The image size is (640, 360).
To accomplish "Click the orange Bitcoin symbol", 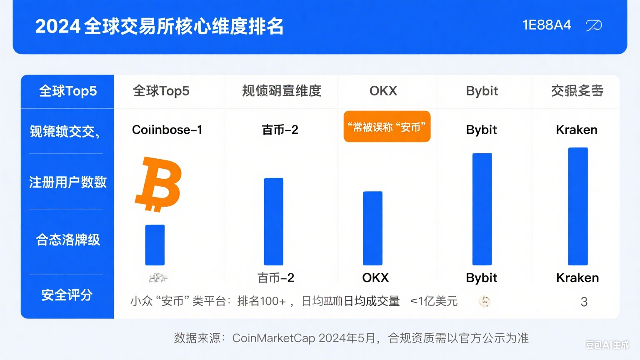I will pyautogui.click(x=158, y=184).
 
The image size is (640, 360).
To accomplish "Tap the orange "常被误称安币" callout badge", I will pyautogui.click(x=387, y=127).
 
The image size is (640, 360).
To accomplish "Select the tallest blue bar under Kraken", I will pyautogui.click(x=578, y=206).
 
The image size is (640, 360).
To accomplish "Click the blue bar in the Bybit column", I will pyautogui.click(x=482, y=209).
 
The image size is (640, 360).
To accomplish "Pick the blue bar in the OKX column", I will pyautogui.click(x=372, y=228).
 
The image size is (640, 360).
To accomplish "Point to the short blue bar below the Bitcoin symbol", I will pyautogui.click(x=155, y=245).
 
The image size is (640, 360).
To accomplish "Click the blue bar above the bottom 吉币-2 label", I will pyautogui.click(x=273, y=222).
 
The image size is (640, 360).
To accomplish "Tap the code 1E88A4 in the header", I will pyautogui.click(x=547, y=25).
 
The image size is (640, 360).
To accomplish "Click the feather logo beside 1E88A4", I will pyautogui.click(x=594, y=26).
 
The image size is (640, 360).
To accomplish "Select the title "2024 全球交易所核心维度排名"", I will pyautogui.click(x=159, y=27).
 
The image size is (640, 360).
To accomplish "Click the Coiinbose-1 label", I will pyautogui.click(x=167, y=130).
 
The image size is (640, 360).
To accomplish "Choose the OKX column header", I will pyautogui.click(x=383, y=91).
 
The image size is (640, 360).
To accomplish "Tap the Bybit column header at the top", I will pyautogui.click(x=482, y=91).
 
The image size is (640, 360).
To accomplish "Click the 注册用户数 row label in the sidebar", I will pyautogui.click(x=67, y=182).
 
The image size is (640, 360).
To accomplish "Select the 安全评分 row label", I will pyautogui.click(x=67, y=295).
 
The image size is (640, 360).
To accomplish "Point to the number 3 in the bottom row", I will pyautogui.click(x=584, y=302).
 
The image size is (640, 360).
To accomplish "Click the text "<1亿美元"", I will pyautogui.click(x=434, y=301).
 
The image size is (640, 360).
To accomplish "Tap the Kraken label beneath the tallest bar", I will pyautogui.click(x=577, y=278).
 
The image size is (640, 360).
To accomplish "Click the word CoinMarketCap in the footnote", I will pyautogui.click(x=273, y=338).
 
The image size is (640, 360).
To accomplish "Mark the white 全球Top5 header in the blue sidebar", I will pyautogui.click(x=67, y=91).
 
